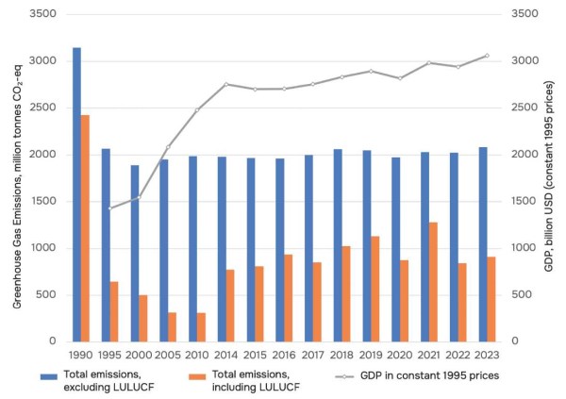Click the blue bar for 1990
(76, 194)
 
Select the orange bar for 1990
(85, 228)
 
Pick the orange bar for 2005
(173, 327)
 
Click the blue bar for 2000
(135, 254)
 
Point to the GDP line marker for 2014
(226, 85)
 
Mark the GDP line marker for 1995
(110, 208)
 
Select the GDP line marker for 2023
(487, 56)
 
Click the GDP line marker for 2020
(400, 78)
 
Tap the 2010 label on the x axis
(197, 355)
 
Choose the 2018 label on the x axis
(341, 355)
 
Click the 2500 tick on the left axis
(43, 108)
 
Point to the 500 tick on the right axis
(522, 294)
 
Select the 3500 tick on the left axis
(43, 14)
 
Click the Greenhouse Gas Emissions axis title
(17, 187)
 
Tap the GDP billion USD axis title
(549, 177)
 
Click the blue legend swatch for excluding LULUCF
(49, 376)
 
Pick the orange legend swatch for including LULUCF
(197, 376)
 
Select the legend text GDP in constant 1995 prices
(429, 375)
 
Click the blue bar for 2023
(483, 244)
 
